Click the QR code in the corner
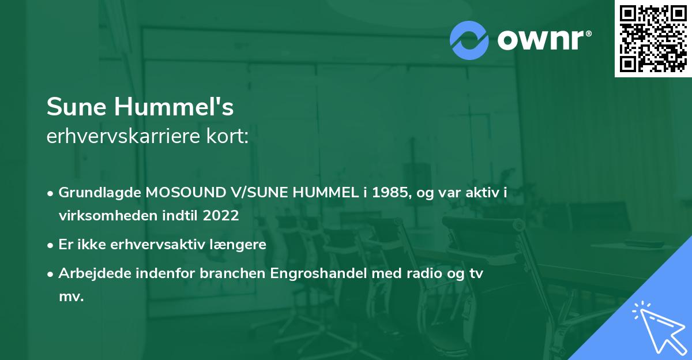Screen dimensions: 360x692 tap(653, 38)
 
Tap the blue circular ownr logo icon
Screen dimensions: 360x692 tap(469, 40)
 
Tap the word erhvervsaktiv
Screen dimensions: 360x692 tap(176, 245)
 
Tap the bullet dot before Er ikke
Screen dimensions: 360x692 tap(51, 245)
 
